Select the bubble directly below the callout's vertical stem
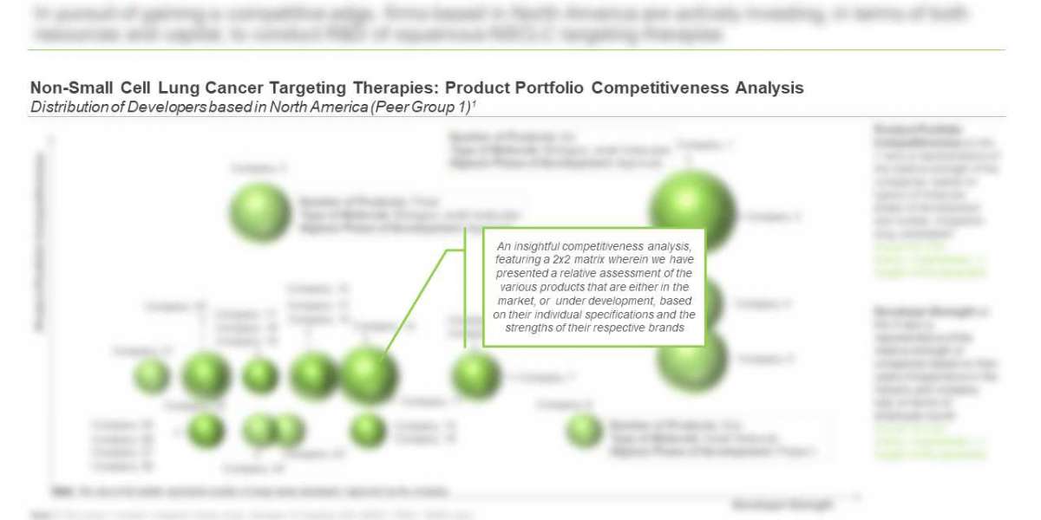click(x=476, y=377)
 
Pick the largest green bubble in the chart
click(x=692, y=213)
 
